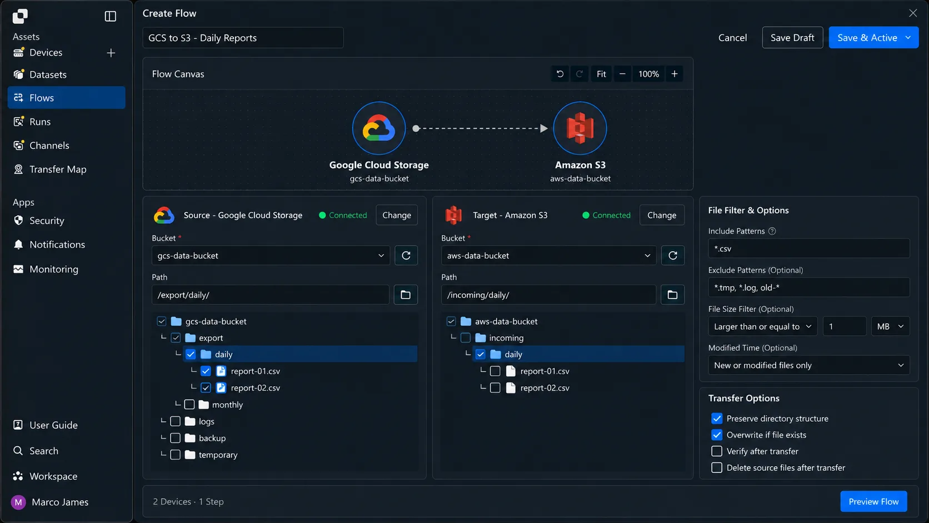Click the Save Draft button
[x=792, y=37]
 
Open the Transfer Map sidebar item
[x=58, y=169]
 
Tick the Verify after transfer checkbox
[x=717, y=451]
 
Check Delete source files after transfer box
[x=717, y=468]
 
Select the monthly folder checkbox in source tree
[x=189, y=405]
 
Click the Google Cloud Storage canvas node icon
[x=378, y=128]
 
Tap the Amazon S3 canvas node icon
[x=580, y=128]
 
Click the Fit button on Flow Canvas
[x=601, y=74]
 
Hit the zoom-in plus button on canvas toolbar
[x=675, y=74]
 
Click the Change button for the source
[x=397, y=215]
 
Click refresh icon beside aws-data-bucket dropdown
[x=673, y=256]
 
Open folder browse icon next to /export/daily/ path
[x=406, y=295]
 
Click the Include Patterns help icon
[x=772, y=231]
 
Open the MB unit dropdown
[x=890, y=326]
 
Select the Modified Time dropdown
[x=809, y=365]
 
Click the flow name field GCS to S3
[x=243, y=38]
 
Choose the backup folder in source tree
[x=212, y=438]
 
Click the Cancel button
[x=732, y=37]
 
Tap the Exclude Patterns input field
[x=809, y=287]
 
